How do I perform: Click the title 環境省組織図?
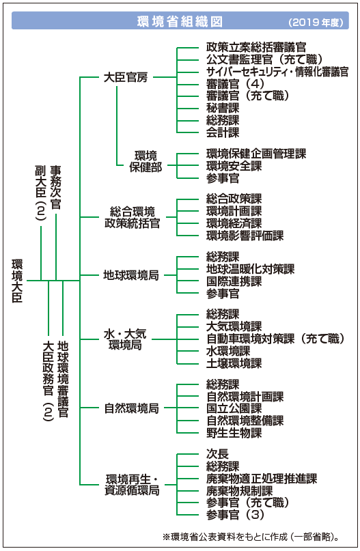click(180, 22)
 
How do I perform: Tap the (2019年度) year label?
click(316, 23)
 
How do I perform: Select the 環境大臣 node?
click(17, 281)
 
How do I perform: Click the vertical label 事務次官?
click(55, 188)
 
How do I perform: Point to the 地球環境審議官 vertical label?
click(63, 379)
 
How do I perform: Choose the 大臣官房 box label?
click(126, 77)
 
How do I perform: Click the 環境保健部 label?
click(146, 161)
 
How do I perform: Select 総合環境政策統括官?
click(133, 218)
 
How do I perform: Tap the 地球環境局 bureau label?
click(131, 275)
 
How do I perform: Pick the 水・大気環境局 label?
click(125, 339)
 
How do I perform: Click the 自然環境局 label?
click(131, 408)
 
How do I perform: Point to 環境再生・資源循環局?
click(133, 485)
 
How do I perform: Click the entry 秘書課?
click(223, 108)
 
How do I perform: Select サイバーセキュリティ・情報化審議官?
click(277, 72)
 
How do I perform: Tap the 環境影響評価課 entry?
click(245, 236)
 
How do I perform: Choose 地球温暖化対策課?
click(250, 269)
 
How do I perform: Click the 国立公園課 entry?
click(234, 408)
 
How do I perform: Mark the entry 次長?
click(217, 453)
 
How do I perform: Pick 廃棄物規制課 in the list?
click(239, 490)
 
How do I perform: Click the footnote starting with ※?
click(251, 537)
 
